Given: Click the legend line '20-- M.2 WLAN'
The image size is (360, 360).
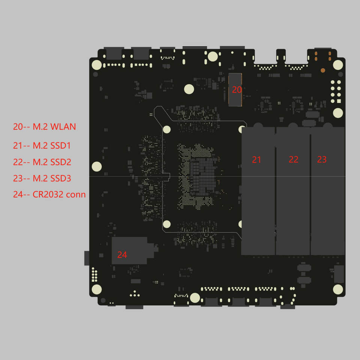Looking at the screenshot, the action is pos(44,127).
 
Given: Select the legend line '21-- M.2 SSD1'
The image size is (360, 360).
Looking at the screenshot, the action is pos(42,145).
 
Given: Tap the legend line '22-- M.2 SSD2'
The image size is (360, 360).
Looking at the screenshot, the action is pos(42,162).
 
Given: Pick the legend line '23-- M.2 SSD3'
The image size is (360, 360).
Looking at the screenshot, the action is pos(42,178).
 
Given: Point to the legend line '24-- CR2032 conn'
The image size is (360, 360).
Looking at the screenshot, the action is pos(49,195).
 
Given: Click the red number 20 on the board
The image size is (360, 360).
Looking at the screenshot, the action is pos(237,90).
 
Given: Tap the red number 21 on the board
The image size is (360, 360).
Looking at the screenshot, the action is pos(256,160).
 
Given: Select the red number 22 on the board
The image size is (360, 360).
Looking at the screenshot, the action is pos(293,160).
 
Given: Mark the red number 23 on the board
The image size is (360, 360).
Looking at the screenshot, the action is pos(322,159).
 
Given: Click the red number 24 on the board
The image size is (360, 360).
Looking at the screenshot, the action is pos(122,255).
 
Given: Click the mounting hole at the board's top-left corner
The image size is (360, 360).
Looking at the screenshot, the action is pos(97,65).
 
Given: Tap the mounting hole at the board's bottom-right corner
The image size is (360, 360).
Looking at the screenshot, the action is pos(338,289).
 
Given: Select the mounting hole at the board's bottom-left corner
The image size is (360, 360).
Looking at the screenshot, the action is pos(97,289).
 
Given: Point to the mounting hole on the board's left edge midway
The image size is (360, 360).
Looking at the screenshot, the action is pos(97,166).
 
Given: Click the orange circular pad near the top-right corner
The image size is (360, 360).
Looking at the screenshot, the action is pos(323,70).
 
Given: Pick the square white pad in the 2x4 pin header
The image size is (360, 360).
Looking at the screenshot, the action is pos(339,101).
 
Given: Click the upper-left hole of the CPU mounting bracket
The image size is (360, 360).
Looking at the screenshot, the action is pos(166,129).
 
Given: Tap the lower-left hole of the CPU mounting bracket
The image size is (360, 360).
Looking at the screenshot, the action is pos(166,224).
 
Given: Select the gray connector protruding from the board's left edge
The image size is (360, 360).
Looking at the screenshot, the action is pos(87,258).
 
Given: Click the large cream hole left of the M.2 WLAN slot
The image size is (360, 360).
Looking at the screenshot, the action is pos(189,89).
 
